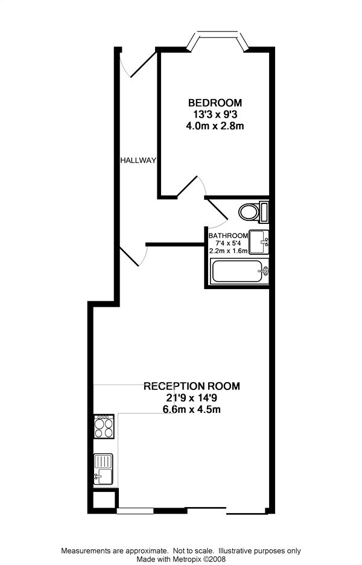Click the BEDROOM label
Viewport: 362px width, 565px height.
(215, 103)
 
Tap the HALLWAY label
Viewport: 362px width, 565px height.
(138, 161)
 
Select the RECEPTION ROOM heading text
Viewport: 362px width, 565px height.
(192, 386)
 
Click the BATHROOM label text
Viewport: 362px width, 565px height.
(229, 235)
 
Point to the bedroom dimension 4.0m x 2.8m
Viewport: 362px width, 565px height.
(215, 126)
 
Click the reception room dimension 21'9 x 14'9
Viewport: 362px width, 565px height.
(191, 398)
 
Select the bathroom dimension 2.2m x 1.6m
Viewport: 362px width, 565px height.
(229, 251)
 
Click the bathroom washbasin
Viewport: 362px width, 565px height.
(259, 242)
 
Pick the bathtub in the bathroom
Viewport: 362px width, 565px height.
(240, 271)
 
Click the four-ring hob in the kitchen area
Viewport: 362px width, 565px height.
(104, 427)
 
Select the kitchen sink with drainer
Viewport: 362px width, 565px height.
(104, 469)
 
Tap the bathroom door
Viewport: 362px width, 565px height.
(217, 212)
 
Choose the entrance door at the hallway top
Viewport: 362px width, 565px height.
(141, 65)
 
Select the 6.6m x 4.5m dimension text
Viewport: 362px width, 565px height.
(191, 410)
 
